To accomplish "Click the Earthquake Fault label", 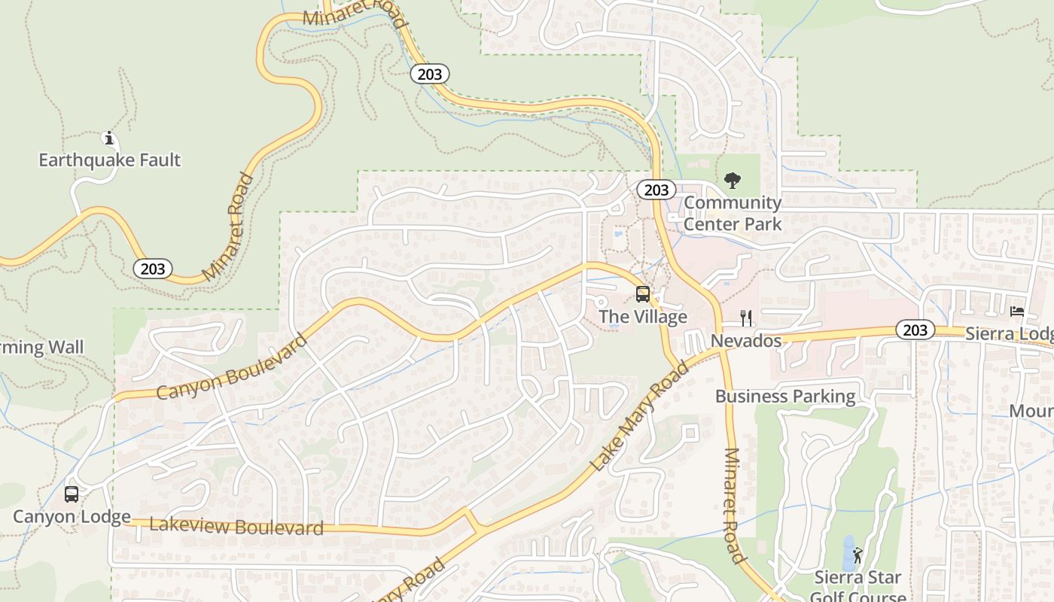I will pyautogui.click(x=110, y=160).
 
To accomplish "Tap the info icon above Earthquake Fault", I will pyautogui.click(x=109, y=138).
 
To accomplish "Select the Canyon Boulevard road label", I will pyautogui.click(x=232, y=367).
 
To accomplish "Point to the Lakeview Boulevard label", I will pyautogui.click(x=236, y=526).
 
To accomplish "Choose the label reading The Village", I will pyautogui.click(x=643, y=317).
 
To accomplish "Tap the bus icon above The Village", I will pyautogui.click(x=643, y=294).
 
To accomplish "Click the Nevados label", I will pyautogui.click(x=746, y=341).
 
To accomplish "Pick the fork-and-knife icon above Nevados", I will pyautogui.click(x=746, y=318).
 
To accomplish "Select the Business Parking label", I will pyautogui.click(x=785, y=397).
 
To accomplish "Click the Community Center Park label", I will pyautogui.click(x=733, y=213).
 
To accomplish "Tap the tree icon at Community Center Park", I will pyautogui.click(x=732, y=181).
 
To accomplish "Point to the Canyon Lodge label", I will pyautogui.click(x=72, y=517).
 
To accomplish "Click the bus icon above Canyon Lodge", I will pyautogui.click(x=72, y=494).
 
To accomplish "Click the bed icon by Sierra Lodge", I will pyautogui.click(x=1017, y=311).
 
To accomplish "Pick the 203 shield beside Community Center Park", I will pyautogui.click(x=656, y=190).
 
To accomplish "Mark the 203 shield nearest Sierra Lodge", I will pyautogui.click(x=915, y=330).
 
